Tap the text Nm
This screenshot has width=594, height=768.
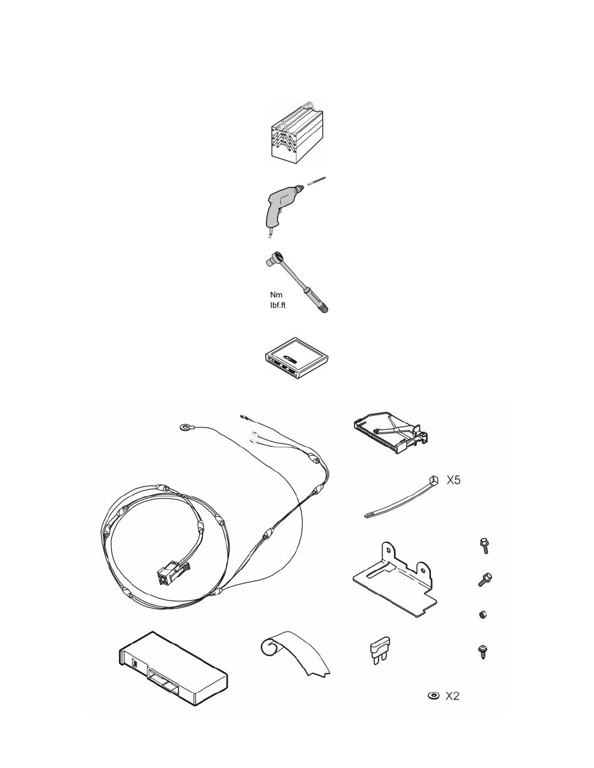tap(258, 294)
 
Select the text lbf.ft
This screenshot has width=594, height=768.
tap(263, 305)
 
